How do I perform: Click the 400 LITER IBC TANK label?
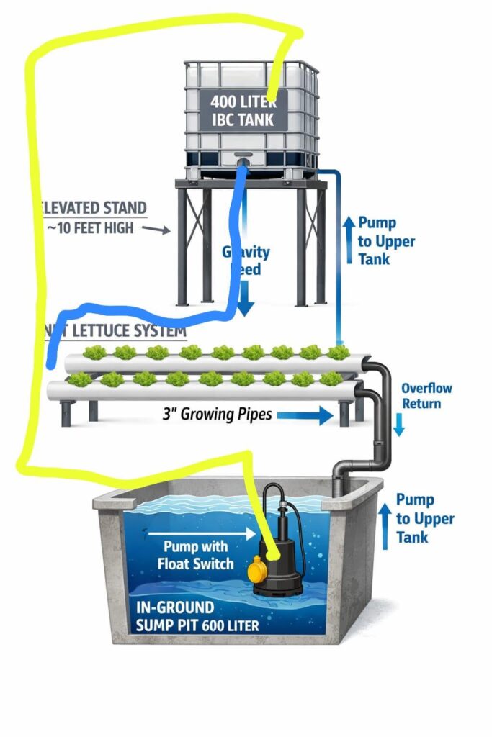(242, 110)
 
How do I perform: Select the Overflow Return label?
(426, 396)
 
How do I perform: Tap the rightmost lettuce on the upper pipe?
(338, 352)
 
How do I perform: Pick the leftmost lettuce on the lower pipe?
(79, 379)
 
